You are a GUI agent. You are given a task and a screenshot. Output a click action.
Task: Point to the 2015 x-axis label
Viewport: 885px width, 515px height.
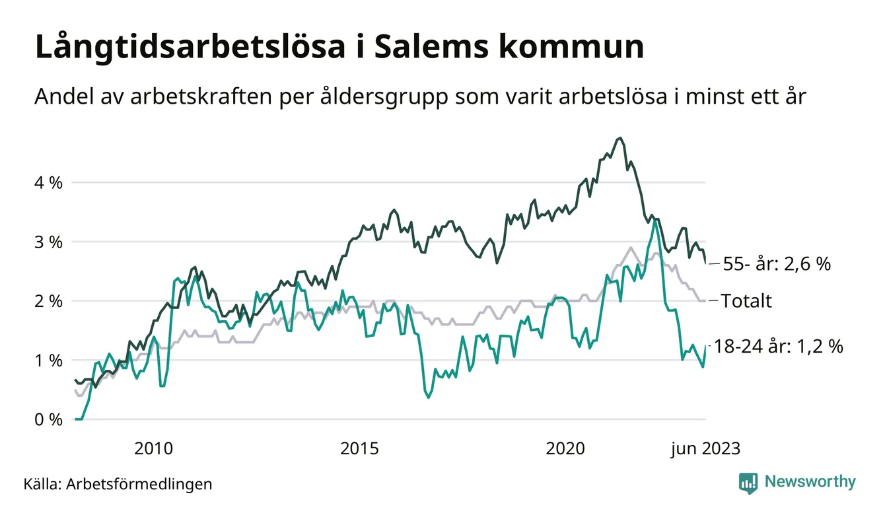(x=360, y=449)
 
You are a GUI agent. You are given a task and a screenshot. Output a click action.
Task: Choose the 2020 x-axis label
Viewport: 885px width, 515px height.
(x=566, y=449)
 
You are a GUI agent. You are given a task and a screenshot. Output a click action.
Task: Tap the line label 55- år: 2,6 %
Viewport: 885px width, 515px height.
(x=776, y=264)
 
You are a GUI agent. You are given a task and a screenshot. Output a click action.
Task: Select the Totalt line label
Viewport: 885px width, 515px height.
(x=746, y=302)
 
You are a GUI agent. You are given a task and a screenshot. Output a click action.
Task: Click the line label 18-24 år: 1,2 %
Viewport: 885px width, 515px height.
(x=779, y=347)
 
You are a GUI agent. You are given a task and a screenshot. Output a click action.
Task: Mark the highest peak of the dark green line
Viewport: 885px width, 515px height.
(x=619, y=138)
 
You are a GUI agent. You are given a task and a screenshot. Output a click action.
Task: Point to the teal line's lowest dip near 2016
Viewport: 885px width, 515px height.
(x=429, y=397)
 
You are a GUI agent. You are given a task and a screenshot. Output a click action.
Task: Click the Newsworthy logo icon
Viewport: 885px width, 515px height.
(x=748, y=483)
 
